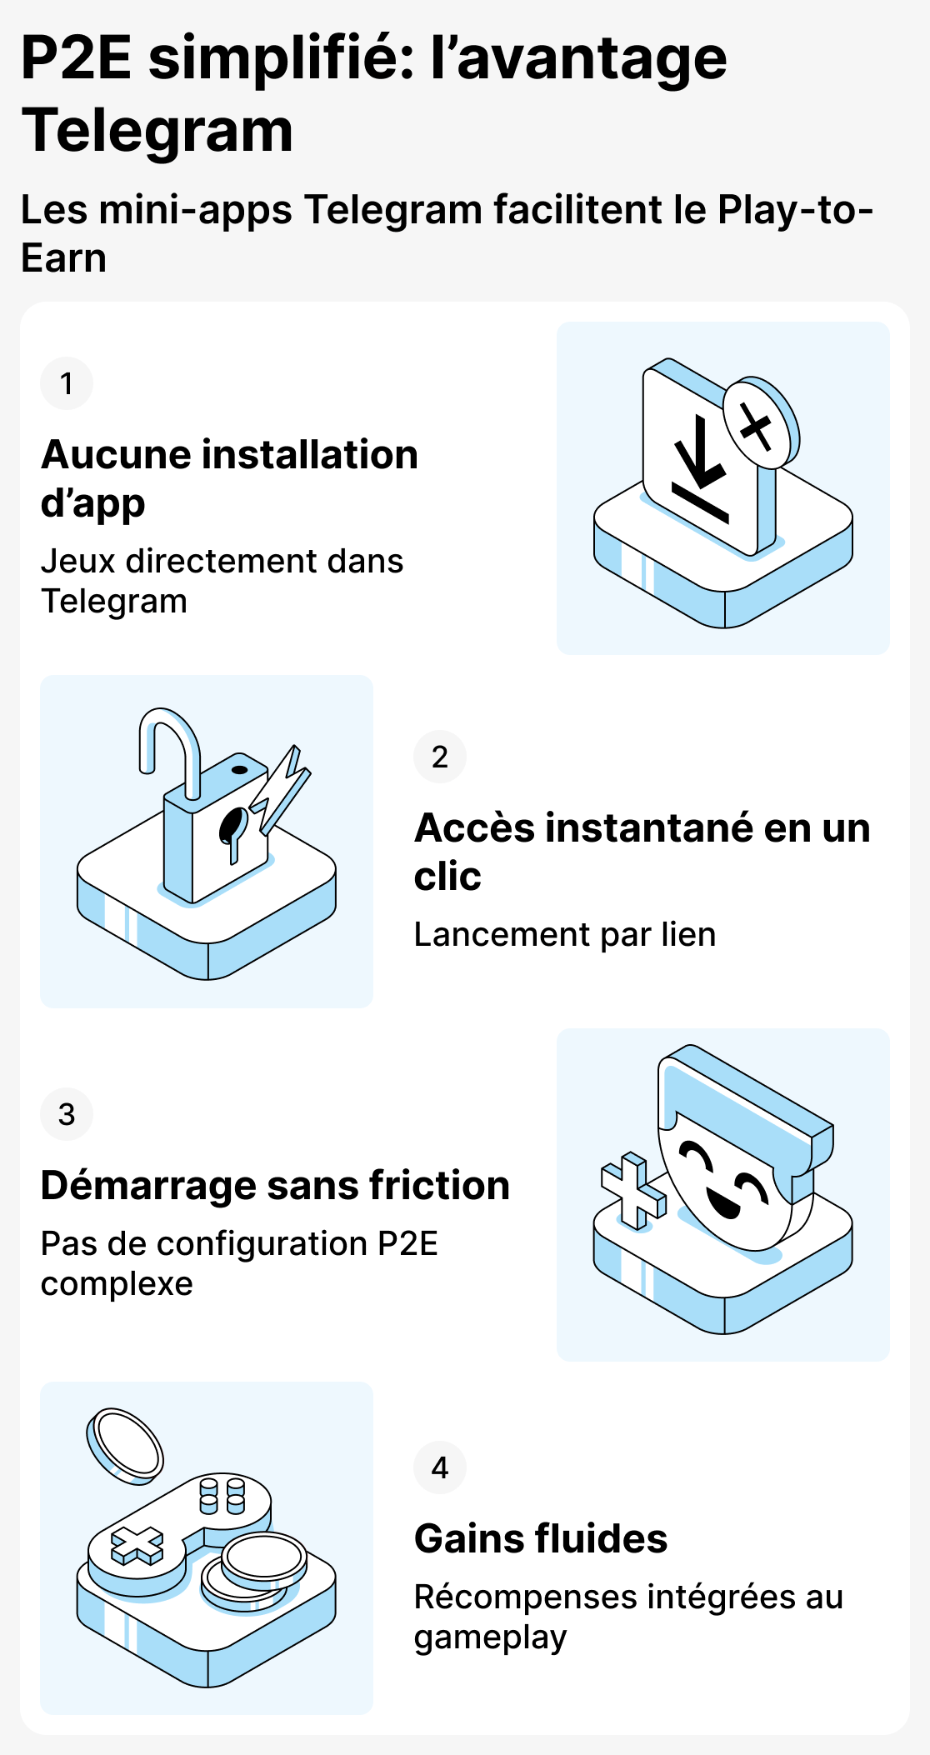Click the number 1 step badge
tap(67, 383)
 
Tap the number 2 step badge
tap(440, 757)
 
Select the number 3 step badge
tap(67, 1114)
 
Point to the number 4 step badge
tap(440, 1467)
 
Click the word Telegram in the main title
tap(157, 132)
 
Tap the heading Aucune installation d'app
tap(229, 478)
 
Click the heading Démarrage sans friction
tap(275, 1185)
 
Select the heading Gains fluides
tap(541, 1538)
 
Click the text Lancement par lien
tap(565, 934)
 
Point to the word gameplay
tap(490, 1637)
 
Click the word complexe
tap(117, 1283)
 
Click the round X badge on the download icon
tap(757, 425)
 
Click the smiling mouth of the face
tap(722, 1203)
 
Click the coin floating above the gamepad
tap(126, 1446)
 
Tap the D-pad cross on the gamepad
tap(138, 1546)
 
